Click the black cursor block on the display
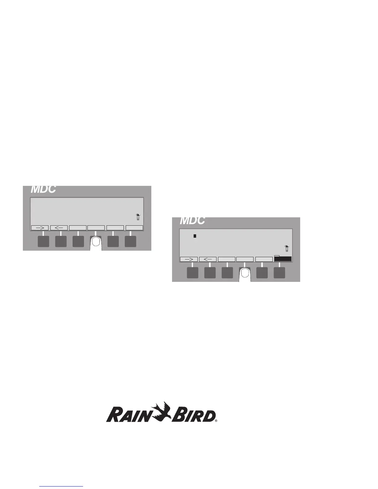[195, 236]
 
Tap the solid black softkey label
[283, 259]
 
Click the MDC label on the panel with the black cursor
[192, 220]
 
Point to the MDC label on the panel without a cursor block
[43, 189]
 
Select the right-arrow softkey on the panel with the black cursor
[189, 259]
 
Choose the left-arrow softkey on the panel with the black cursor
[208, 259]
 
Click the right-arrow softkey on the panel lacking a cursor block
[40, 228]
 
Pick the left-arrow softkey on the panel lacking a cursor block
[59, 228]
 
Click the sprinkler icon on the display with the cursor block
[287, 248]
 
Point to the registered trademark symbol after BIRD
[216, 420]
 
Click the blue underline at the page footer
[61, 487]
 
